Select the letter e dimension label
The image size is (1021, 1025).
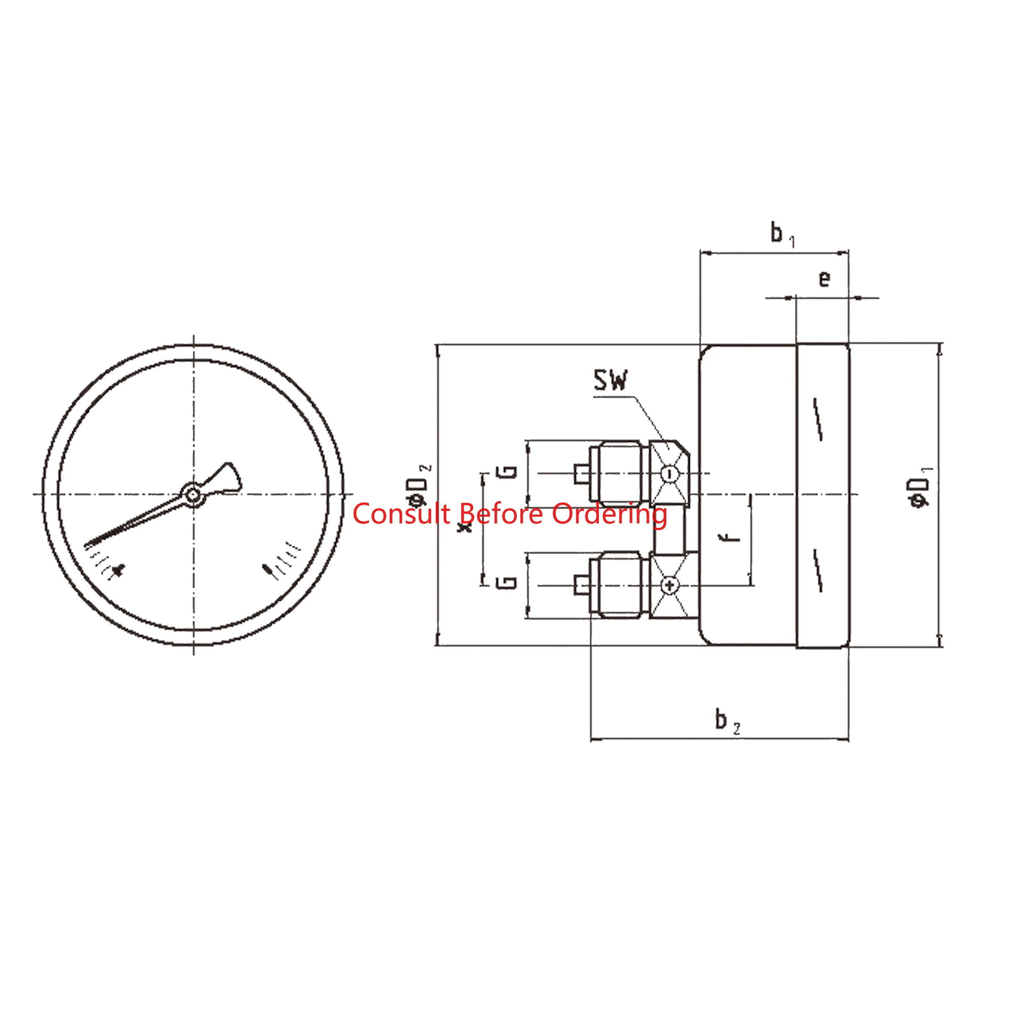(x=824, y=278)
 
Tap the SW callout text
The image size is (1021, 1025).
(x=610, y=380)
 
